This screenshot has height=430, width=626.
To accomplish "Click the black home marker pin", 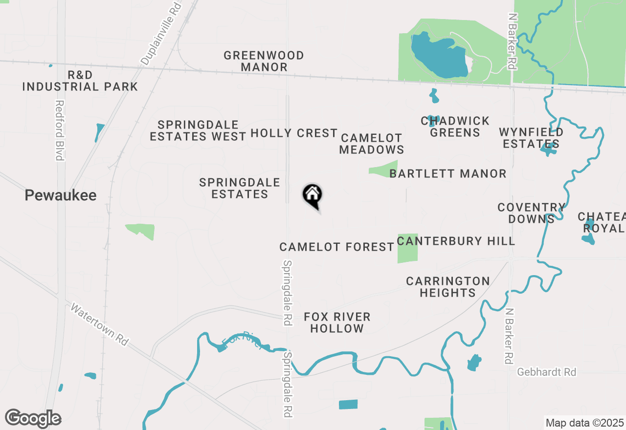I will (x=313, y=195).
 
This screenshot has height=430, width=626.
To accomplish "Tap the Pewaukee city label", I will (x=61, y=195).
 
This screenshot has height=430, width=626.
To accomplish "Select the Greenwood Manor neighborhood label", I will (x=264, y=61).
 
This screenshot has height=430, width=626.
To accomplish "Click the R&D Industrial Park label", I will (x=80, y=81).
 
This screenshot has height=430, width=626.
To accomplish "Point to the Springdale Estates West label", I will (x=198, y=130).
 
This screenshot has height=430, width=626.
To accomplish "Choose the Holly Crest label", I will (x=294, y=133).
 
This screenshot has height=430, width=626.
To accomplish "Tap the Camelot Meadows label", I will (x=372, y=144).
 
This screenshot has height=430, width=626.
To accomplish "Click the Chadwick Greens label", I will (x=455, y=127).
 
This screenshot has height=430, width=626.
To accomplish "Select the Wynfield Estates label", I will (x=531, y=138).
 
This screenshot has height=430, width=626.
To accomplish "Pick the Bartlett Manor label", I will (x=448, y=173).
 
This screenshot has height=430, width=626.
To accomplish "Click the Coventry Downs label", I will (x=531, y=213).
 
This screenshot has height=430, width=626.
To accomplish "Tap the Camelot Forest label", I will (x=336, y=247).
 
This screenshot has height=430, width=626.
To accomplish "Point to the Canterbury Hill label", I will (x=456, y=241).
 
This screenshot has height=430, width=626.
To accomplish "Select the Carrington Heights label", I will (x=448, y=287).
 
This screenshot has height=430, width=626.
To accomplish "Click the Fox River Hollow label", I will (x=337, y=322).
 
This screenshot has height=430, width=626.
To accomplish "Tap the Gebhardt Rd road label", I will (x=547, y=372).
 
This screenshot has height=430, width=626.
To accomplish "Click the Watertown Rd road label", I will (x=99, y=324).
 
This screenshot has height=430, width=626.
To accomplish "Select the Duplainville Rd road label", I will (x=161, y=33).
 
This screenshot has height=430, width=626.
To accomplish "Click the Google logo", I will (x=33, y=419).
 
